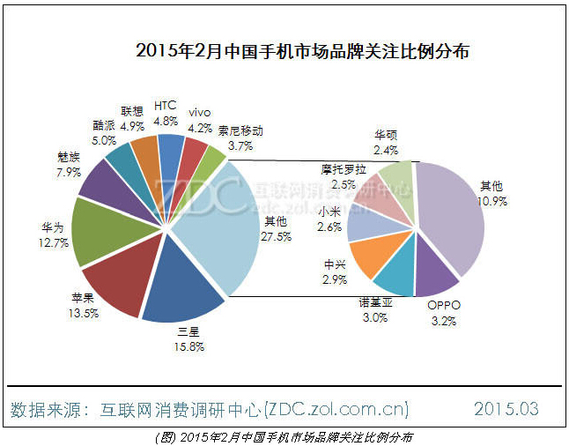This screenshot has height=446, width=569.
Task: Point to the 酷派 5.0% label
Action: click(104, 132)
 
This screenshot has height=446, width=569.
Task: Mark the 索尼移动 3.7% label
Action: click(240, 138)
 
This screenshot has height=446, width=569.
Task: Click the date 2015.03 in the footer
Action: click(506, 409)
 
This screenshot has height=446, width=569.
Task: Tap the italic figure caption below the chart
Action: click(284, 436)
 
